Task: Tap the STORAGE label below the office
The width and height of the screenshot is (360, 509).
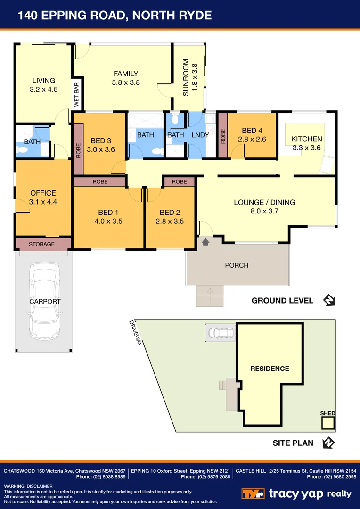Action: click(41, 244)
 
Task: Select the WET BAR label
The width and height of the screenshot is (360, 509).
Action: click(76, 94)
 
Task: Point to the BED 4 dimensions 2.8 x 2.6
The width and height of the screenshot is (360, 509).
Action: click(252, 139)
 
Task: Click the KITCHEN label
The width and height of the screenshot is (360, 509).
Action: click(306, 139)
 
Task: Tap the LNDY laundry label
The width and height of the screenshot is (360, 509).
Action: click(200, 135)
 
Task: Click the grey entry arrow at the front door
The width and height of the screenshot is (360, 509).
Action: click(205, 242)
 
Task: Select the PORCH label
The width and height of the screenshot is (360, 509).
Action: click(237, 265)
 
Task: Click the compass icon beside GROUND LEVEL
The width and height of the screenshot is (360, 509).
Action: click(328, 300)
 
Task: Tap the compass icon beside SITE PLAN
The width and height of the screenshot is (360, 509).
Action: click(328, 443)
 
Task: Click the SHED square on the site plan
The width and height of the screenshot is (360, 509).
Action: click(327, 423)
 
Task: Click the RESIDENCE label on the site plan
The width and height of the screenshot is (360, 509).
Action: click(270, 369)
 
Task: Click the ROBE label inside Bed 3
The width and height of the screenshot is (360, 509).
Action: click(79, 150)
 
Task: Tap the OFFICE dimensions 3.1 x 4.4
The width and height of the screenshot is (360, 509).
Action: click(43, 202)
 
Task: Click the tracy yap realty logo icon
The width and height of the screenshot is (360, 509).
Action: click(253, 493)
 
